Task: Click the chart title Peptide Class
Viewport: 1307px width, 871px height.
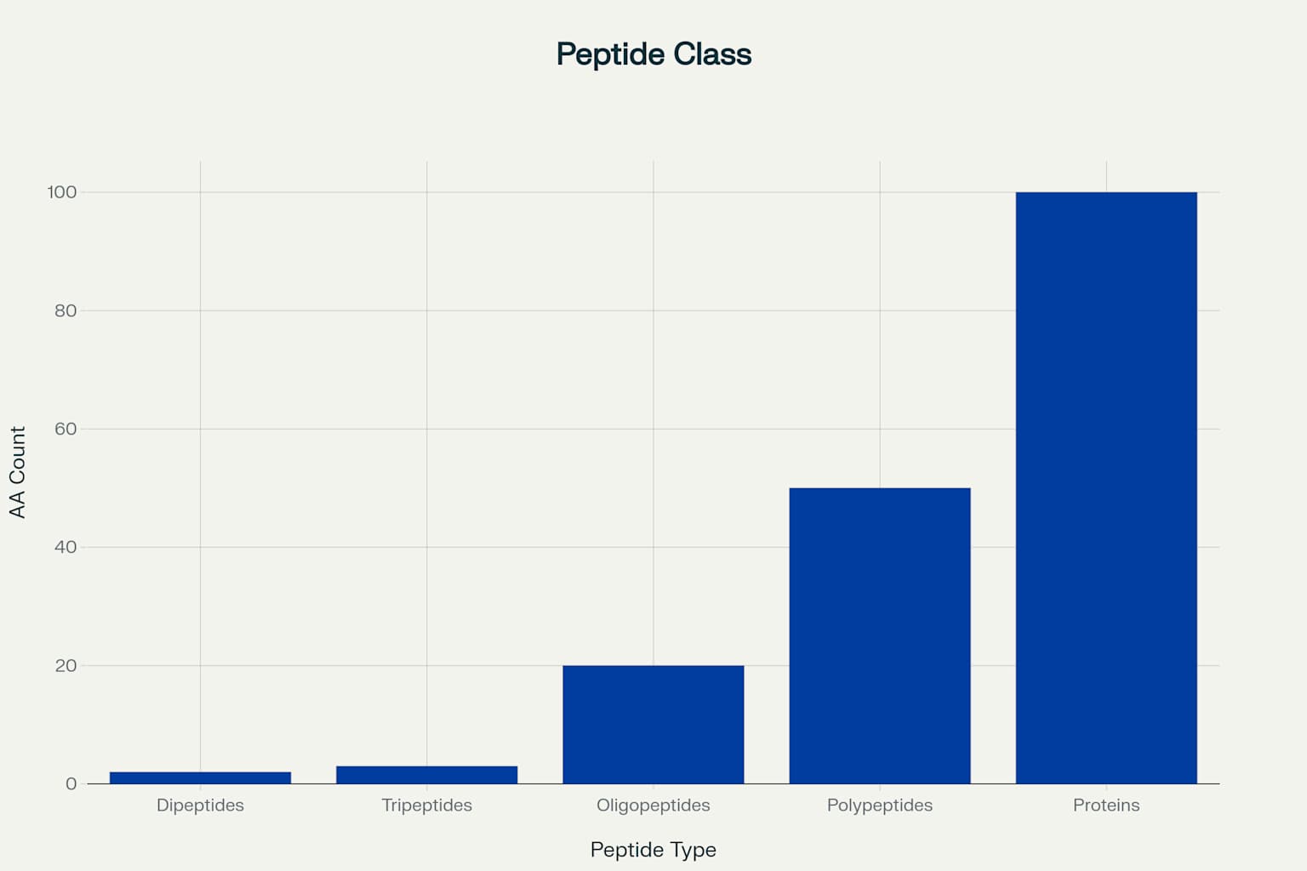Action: [653, 54]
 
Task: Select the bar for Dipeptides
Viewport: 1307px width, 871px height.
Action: [200, 777]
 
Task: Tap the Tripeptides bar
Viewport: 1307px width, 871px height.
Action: [426, 775]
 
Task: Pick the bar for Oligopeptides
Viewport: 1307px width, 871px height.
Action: [653, 725]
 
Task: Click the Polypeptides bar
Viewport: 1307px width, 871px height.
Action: [880, 635]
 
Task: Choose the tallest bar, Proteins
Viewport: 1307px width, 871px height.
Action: [1106, 487]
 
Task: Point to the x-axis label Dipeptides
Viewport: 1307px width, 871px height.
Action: [200, 806]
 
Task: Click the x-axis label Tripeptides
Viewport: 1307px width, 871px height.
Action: [426, 806]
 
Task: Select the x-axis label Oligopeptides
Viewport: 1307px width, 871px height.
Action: [653, 806]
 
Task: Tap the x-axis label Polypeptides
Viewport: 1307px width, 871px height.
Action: [880, 806]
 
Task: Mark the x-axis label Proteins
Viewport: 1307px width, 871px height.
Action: [1106, 806]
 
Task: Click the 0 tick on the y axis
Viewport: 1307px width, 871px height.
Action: [71, 784]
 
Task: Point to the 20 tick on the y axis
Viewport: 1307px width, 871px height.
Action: [66, 666]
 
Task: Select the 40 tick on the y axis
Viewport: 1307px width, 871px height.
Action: [66, 548]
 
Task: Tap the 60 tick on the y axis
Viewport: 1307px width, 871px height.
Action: [66, 430]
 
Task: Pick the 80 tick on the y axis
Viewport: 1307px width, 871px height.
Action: [66, 311]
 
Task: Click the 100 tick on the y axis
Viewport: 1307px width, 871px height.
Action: [62, 193]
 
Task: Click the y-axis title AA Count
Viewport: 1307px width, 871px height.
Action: [18, 472]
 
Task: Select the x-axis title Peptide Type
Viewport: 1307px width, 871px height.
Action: [653, 850]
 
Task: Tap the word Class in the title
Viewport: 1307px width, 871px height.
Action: [712, 54]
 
